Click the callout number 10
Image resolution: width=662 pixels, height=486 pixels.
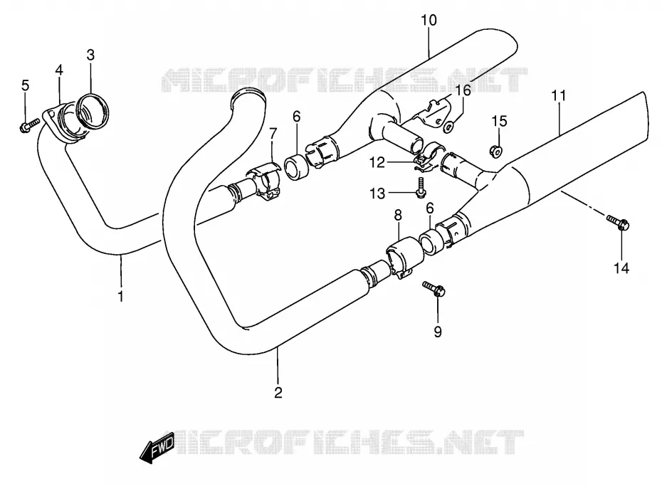point(429,20)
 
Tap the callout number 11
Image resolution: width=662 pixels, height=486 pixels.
point(559,96)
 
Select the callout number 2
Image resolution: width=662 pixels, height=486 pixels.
point(278,392)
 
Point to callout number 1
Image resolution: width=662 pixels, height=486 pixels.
point(121,296)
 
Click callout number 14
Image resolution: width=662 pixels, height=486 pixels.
point(621,268)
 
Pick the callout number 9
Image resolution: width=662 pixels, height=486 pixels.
point(438,332)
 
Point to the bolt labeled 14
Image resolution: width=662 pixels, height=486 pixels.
point(618,222)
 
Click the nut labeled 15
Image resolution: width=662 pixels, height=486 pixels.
point(496,151)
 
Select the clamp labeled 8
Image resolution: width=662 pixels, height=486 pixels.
point(404,257)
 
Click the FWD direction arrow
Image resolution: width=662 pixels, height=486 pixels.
point(157,447)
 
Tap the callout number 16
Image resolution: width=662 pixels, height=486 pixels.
point(463,90)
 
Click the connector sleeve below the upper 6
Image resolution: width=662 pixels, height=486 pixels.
point(296,167)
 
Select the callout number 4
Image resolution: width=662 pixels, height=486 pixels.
point(59,70)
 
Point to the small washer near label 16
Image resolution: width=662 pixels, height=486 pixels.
point(448,126)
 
